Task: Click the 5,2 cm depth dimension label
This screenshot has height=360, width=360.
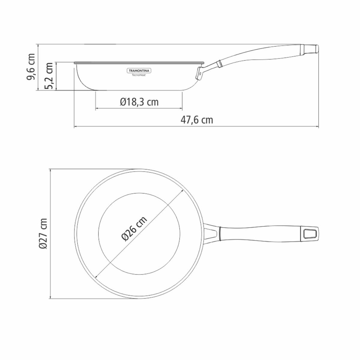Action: point(49,76)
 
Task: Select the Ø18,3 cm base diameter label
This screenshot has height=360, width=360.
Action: point(139,102)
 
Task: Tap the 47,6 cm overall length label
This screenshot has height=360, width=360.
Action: point(197,120)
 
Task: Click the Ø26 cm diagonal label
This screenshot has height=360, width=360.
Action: point(134,229)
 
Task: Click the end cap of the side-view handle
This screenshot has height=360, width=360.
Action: point(311,49)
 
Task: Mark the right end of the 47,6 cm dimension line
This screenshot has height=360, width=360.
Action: point(319,127)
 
